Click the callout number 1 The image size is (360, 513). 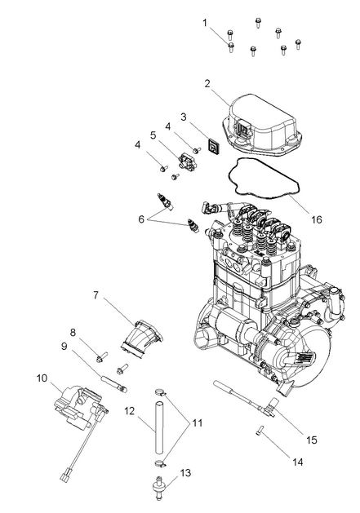205,22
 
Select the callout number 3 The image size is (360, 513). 184,117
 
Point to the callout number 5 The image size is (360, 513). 153,135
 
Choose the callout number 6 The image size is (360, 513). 142,219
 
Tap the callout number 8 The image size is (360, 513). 73,332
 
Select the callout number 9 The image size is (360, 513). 63,347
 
